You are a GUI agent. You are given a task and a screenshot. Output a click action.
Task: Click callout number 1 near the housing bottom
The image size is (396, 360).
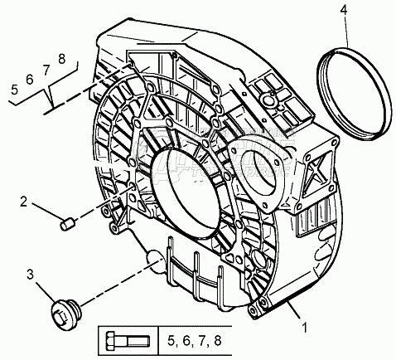point(305,328)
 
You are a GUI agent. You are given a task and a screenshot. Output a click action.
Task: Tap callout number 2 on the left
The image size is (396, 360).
point(24,202)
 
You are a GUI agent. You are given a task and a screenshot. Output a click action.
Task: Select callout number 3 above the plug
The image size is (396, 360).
point(30,275)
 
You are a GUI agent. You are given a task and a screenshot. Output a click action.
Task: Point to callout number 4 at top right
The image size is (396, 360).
point(344,10)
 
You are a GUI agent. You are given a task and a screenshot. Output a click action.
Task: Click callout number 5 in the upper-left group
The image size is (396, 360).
point(15,90)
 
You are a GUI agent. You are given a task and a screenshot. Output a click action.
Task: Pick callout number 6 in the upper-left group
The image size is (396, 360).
point(30,80)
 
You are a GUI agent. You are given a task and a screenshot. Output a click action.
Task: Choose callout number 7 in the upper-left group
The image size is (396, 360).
point(46,70)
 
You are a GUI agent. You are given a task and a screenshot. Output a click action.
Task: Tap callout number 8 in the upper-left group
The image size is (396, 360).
point(62,59)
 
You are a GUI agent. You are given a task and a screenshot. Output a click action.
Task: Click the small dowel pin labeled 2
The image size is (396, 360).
point(66,224)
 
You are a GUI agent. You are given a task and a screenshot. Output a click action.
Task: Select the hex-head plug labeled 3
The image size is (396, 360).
point(65,314)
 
